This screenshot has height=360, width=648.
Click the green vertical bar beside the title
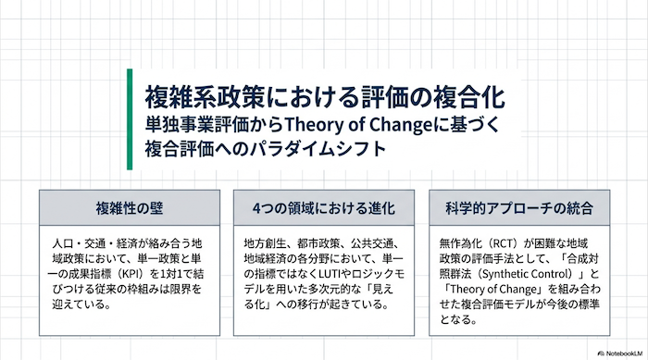[x=130, y=119]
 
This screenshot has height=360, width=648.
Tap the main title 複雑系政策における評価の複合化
[x=325, y=97]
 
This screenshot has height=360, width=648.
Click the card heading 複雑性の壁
[x=130, y=208]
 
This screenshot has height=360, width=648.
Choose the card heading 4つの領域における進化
[x=324, y=208]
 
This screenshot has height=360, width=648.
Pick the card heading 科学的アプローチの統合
[x=519, y=208]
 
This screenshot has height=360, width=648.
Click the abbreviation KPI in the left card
[x=134, y=274]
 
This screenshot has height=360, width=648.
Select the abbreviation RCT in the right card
[x=504, y=244]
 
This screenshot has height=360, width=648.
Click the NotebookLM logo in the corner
[x=620, y=354]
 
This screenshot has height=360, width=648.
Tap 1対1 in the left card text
[x=170, y=274]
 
